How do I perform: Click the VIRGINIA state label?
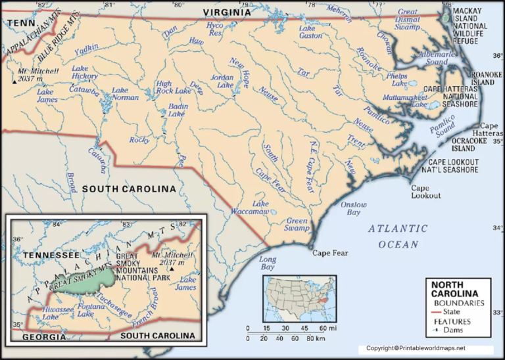click(226, 12)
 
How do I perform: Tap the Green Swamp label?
click(297, 225)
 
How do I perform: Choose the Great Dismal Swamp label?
click(407, 19)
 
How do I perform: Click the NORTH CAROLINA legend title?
click(458, 289)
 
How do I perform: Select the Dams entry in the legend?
click(453, 331)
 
